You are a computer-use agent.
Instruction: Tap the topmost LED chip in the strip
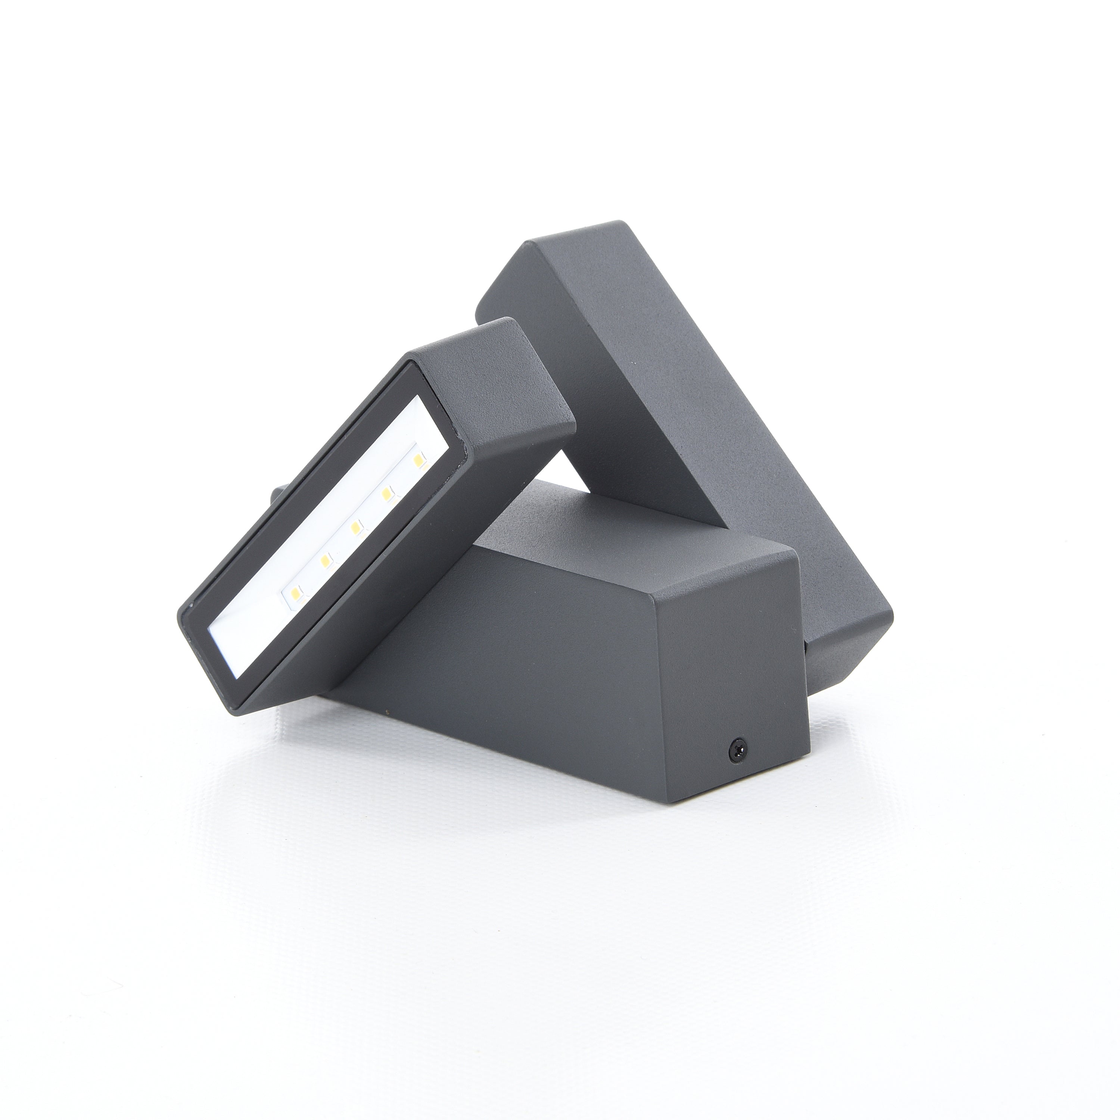click(419, 444)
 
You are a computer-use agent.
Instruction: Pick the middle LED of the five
click(357, 526)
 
